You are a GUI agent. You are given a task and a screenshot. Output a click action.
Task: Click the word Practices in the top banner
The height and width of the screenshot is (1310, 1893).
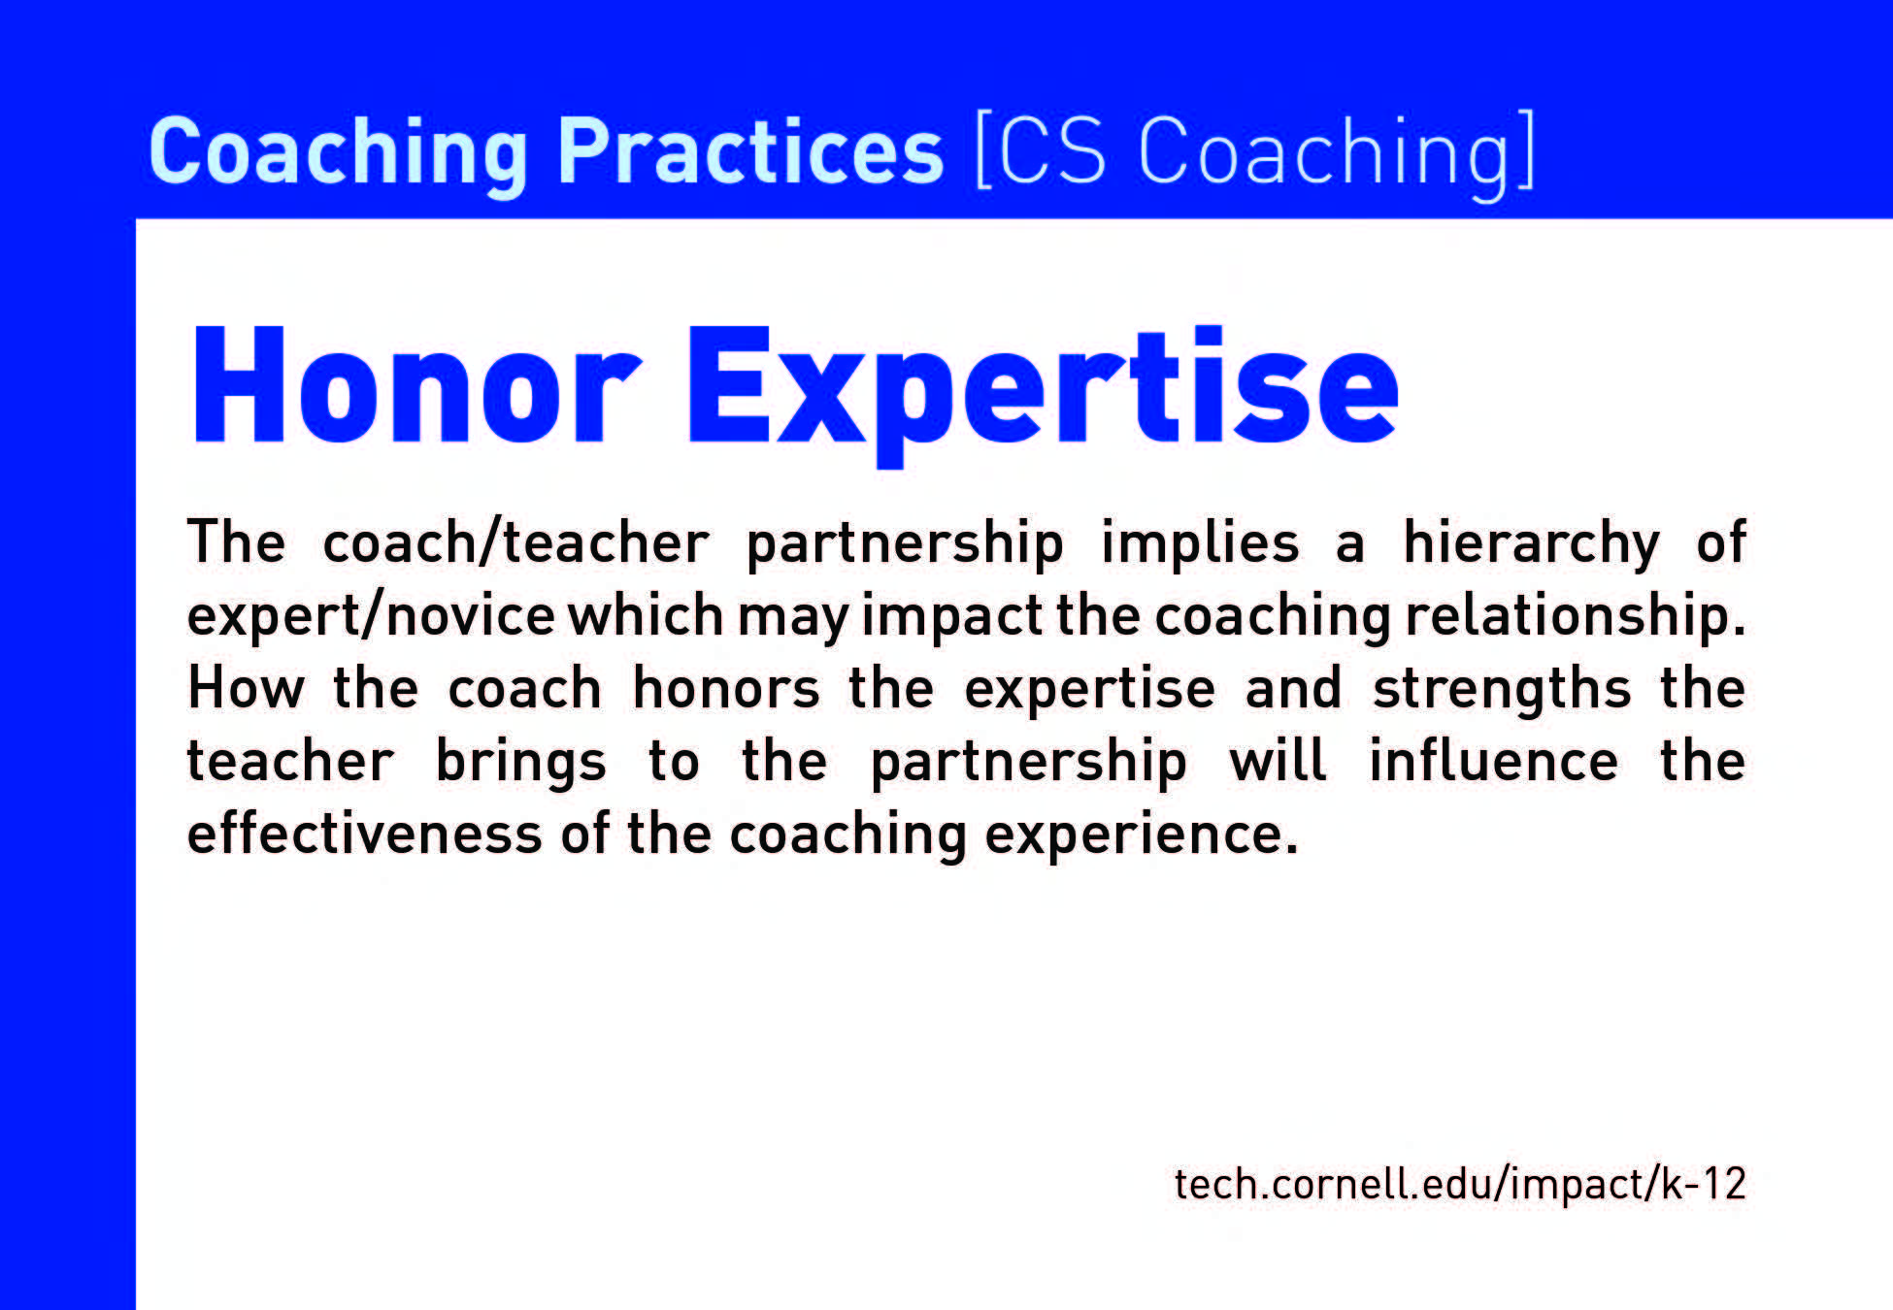pos(750,150)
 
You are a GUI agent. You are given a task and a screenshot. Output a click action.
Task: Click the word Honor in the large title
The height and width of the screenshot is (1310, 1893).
pos(416,385)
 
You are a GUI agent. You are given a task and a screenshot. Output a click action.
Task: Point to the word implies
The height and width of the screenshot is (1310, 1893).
pos(1200,543)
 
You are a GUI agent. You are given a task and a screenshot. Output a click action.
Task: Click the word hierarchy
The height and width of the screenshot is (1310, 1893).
pos(1531,543)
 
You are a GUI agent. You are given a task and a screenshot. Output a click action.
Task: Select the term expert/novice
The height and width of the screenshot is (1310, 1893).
pos(371,616)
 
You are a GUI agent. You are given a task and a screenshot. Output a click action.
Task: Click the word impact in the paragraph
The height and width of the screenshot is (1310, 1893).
pos(951,616)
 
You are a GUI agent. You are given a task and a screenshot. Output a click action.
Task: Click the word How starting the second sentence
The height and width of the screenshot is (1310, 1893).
pos(246,688)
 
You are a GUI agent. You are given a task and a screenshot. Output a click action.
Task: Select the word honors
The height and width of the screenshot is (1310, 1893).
pos(726,688)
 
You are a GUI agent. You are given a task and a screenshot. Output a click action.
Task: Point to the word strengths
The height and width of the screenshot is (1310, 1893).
pos(1502,690)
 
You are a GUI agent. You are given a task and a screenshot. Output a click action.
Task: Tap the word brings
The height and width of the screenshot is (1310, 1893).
pos(520,763)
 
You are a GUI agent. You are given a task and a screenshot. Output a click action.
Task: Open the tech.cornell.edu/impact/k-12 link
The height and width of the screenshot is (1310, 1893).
pos(1460,1184)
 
